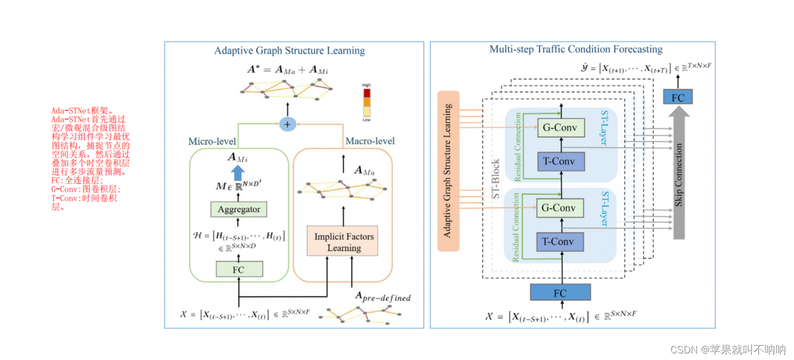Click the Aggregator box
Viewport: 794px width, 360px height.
tap(239, 209)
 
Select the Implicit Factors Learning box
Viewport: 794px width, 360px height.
tap(344, 242)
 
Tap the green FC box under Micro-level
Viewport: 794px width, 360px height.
tap(239, 269)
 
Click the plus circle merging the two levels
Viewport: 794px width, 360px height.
tap(287, 124)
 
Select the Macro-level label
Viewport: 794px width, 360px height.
tap(370, 141)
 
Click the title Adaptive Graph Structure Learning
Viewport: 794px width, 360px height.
tap(289, 51)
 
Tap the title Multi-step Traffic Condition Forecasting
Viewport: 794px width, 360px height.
tap(576, 49)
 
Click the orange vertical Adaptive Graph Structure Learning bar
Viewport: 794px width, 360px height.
tap(448, 171)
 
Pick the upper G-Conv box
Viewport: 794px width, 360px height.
tap(561, 127)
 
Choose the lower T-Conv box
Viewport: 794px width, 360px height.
tap(561, 241)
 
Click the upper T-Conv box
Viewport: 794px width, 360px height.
tap(561, 161)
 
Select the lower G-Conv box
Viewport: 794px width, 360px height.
tap(561, 208)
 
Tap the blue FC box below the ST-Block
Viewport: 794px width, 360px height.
tap(560, 293)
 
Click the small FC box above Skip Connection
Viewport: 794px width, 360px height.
tap(677, 97)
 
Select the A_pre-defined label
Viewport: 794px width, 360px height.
tap(383, 297)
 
